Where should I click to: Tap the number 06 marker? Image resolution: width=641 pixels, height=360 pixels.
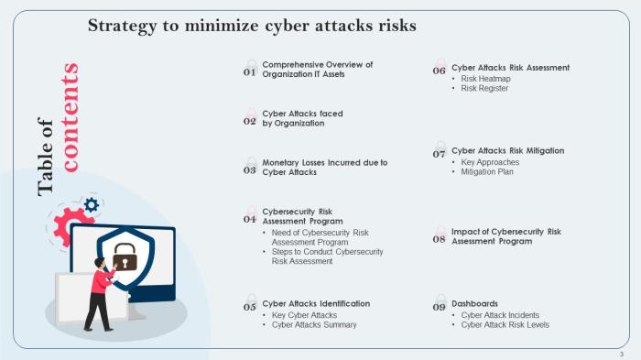440,71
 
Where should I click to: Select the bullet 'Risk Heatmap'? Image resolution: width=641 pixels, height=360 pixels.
485,79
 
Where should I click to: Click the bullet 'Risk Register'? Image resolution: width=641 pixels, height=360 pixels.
485,89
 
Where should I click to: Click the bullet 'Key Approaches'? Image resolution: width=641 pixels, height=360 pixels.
490,161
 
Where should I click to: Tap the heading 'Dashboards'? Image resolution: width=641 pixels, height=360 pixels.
474,303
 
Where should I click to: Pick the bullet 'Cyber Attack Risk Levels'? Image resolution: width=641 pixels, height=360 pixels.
505,324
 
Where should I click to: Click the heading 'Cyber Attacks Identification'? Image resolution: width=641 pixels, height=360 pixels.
316,303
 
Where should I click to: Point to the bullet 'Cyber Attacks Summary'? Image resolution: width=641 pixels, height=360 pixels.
314,324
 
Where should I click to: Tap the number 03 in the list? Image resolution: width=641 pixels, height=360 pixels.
249,170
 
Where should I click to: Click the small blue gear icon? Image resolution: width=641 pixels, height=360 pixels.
91,205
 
